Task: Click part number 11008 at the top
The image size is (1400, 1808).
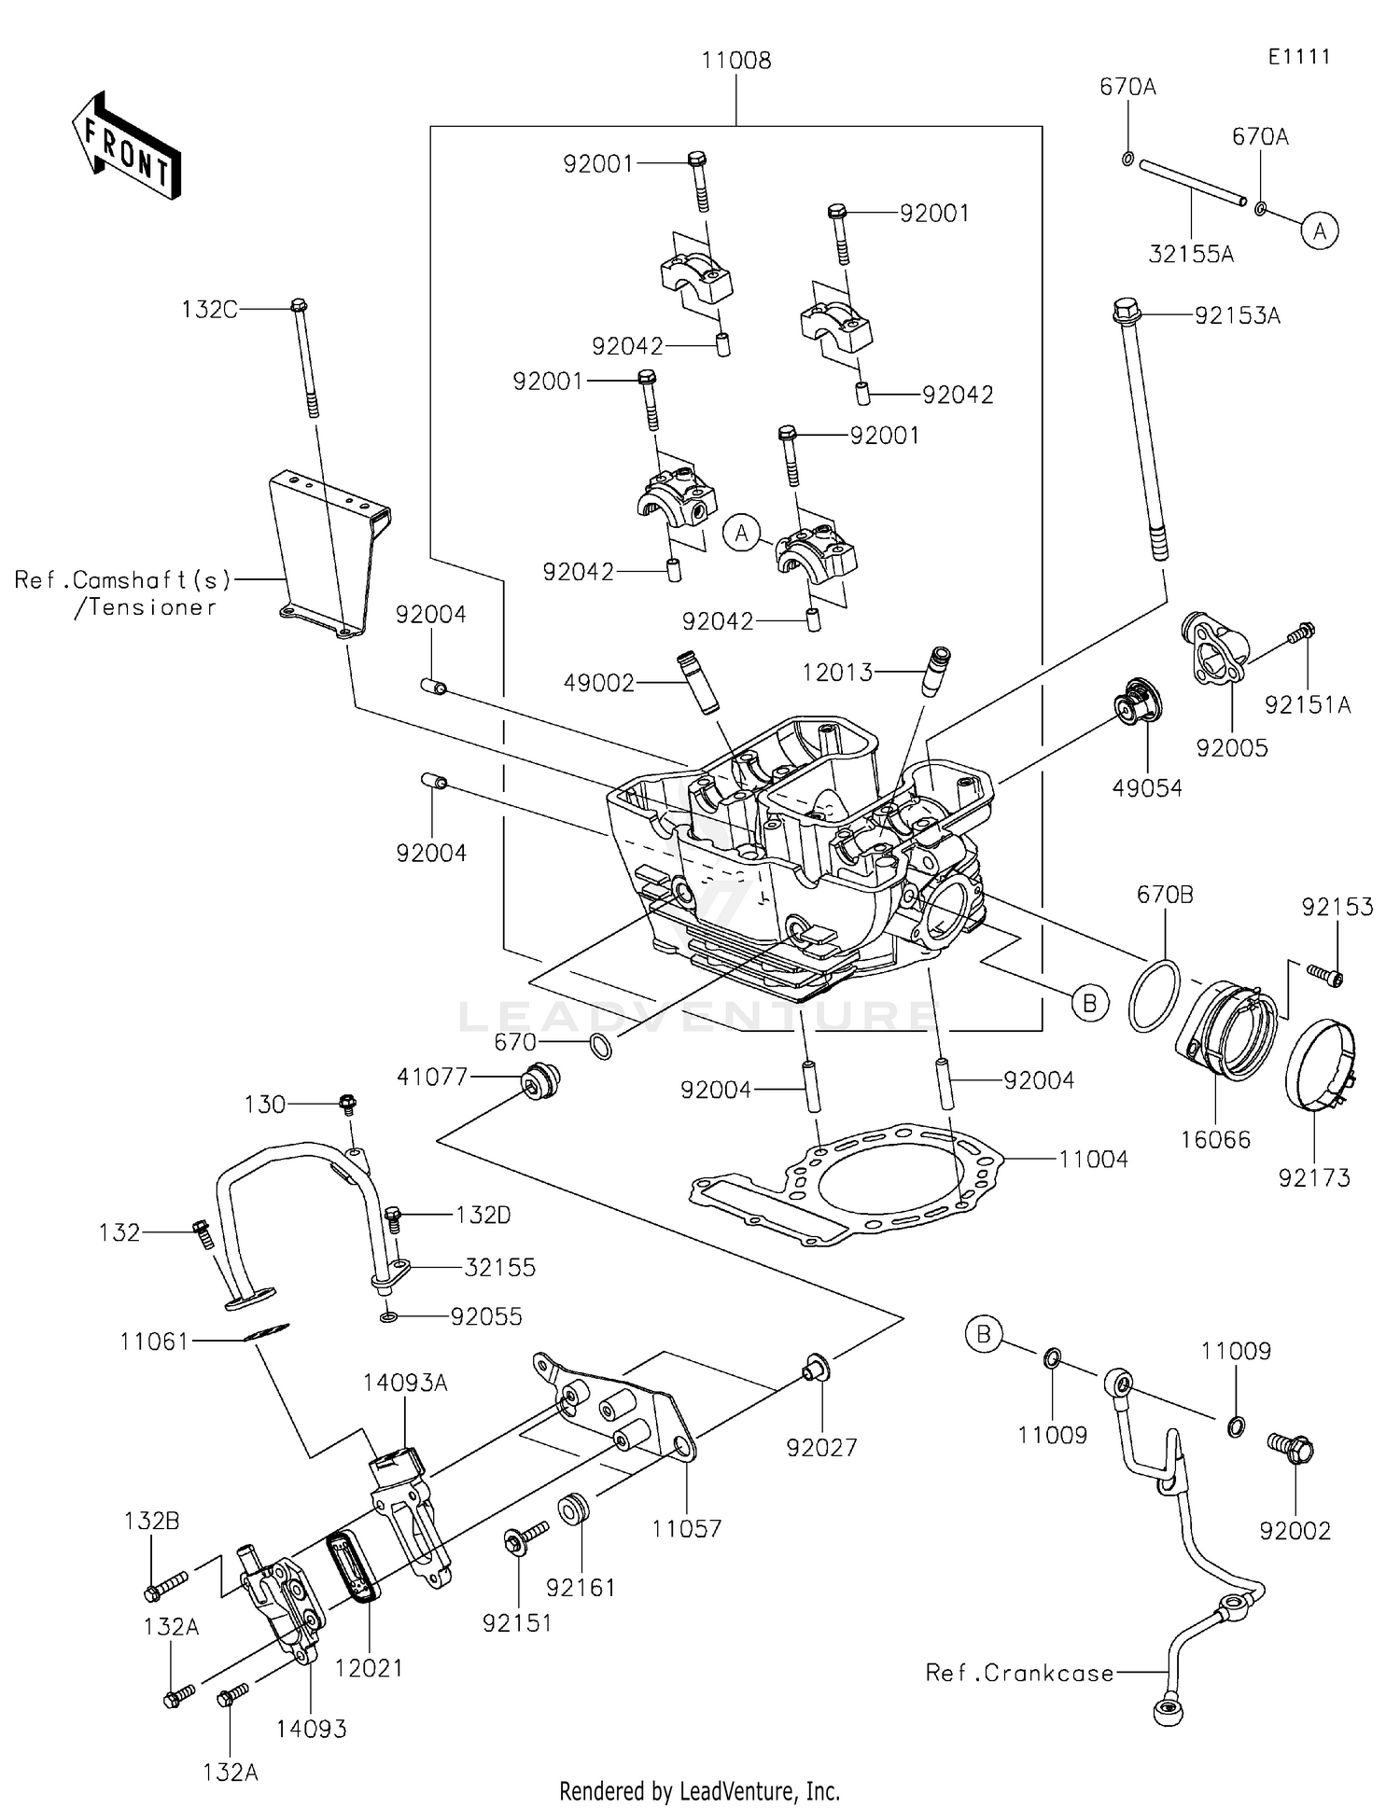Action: [736, 62]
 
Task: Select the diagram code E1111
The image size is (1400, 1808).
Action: [1298, 57]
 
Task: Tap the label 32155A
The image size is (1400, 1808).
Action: [1191, 254]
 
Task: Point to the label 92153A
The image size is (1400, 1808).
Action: [1238, 316]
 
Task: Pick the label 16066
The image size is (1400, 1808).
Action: [1215, 1139]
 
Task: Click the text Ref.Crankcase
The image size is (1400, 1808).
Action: [1019, 1673]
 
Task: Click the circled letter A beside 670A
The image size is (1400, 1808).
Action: [1320, 230]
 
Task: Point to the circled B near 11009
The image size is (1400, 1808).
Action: [983, 1335]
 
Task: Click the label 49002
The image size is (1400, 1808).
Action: [599, 683]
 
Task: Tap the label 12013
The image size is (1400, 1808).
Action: [838, 672]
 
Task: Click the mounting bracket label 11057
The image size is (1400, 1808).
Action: [686, 1528]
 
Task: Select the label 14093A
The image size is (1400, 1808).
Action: [406, 1383]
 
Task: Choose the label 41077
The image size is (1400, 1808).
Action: [432, 1077]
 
